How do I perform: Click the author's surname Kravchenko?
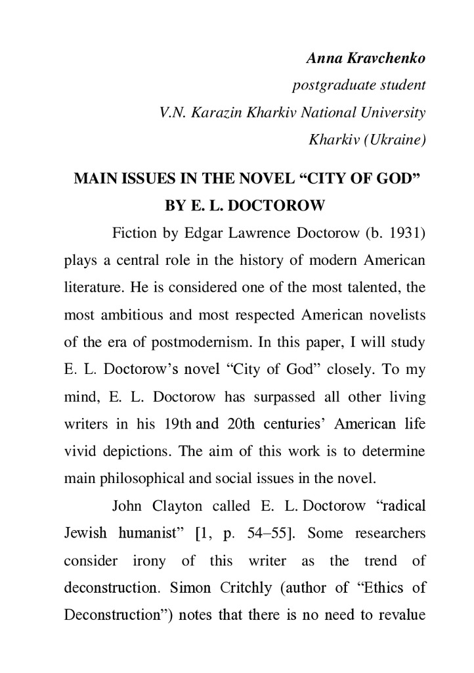388,58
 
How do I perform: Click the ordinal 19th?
174,424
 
